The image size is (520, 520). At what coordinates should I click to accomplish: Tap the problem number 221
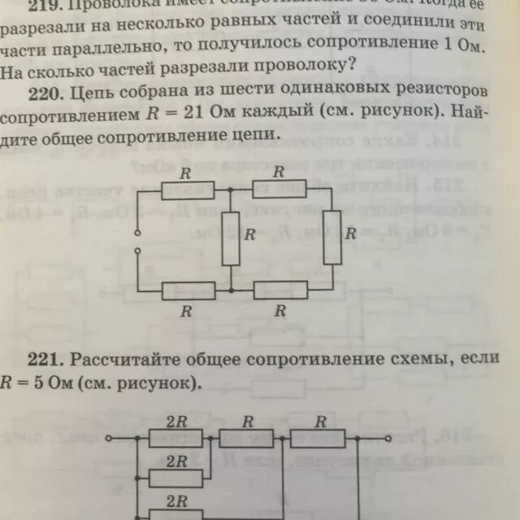(x=41, y=357)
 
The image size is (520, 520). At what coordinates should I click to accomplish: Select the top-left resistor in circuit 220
(x=188, y=189)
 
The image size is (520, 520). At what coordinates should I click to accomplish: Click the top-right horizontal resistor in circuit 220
(x=279, y=188)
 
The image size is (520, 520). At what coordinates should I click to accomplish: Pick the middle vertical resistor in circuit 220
(x=232, y=236)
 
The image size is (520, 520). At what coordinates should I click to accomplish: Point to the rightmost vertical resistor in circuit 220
(x=331, y=236)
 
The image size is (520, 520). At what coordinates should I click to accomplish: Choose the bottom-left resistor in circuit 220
(x=188, y=290)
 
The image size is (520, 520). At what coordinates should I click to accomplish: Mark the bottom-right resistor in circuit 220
(x=279, y=290)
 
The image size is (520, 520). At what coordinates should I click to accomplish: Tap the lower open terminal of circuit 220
(x=137, y=250)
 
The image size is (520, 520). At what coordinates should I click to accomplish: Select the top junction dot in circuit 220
(x=232, y=189)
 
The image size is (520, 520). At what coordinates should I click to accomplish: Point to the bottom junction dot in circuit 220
(x=232, y=290)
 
